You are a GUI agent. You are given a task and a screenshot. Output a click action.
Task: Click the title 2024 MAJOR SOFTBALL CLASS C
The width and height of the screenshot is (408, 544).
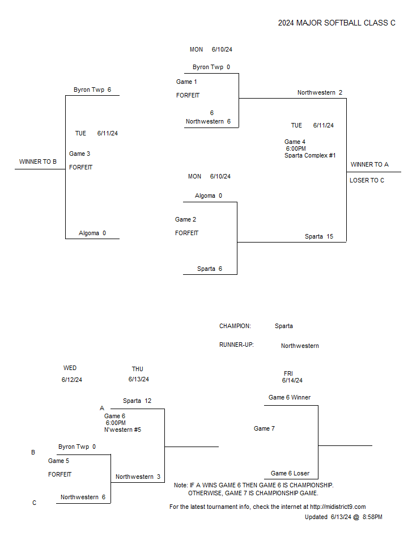337,23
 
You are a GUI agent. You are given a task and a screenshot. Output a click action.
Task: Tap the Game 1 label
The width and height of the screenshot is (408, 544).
186,82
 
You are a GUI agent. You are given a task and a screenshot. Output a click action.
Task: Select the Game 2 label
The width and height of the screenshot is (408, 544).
185,220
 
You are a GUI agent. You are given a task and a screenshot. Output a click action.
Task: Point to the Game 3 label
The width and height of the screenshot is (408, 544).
79,154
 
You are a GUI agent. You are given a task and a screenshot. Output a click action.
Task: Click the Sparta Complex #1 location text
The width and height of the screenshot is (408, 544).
310,155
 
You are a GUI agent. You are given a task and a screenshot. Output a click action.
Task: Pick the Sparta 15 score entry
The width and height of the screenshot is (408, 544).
319,237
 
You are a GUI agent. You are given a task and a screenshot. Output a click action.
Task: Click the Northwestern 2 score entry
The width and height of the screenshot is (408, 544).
320,92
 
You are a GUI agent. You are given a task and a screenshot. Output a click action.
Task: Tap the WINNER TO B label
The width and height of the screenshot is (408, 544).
38,161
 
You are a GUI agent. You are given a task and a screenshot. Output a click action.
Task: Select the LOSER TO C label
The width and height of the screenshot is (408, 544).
367,180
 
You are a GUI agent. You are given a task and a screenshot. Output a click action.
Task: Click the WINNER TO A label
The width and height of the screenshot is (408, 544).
369,164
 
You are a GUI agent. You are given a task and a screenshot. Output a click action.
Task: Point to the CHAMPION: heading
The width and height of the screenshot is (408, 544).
235,326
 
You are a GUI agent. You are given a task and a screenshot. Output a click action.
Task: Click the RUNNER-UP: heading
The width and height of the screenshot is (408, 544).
236,345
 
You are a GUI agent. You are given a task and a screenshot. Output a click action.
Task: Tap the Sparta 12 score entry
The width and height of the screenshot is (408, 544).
137,401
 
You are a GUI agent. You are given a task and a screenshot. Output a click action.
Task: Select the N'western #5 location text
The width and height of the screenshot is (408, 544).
122,430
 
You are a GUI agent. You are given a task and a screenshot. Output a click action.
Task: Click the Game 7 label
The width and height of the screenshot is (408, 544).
264,429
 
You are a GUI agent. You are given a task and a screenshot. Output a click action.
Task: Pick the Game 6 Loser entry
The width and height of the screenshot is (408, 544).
290,474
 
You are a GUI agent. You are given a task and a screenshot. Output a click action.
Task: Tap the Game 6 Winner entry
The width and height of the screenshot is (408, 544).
290,398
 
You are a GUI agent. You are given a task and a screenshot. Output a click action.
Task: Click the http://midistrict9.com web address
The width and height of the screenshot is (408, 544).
338,507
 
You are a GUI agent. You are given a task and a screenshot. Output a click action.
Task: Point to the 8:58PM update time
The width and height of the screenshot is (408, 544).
372,517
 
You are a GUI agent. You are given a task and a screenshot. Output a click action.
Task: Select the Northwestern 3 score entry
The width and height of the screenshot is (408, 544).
138,477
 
